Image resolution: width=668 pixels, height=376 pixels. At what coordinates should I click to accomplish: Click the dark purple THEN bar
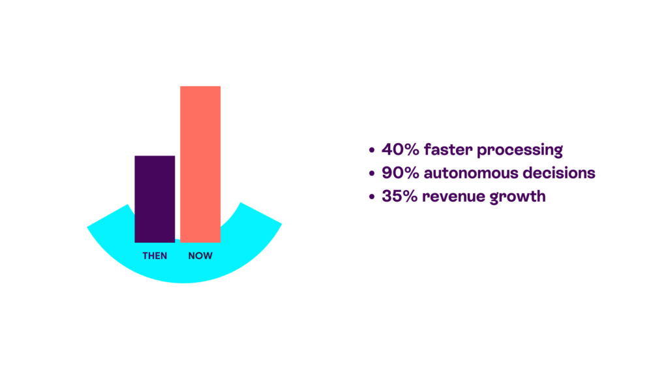click(155, 199)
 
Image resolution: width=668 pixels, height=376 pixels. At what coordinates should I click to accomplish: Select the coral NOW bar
click(200, 164)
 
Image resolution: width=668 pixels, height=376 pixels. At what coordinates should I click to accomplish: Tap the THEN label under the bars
click(155, 256)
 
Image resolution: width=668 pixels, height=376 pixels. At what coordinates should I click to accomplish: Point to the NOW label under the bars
click(200, 256)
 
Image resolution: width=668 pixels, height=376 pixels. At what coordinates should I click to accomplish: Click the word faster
click(448, 149)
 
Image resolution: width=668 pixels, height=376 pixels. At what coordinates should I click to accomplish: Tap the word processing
click(520, 151)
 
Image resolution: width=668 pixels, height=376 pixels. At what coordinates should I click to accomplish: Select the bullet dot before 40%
click(372, 150)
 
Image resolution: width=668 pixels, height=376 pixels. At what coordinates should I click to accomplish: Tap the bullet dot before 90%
click(372, 174)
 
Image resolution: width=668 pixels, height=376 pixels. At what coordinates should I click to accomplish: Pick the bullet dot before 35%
click(372, 197)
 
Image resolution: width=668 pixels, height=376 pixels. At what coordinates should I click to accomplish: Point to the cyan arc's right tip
click(281, 223)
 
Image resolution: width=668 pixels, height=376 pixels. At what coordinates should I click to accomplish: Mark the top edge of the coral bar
click(200, 87)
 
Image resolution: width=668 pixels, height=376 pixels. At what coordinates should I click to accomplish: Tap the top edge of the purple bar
click(155, 156)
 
